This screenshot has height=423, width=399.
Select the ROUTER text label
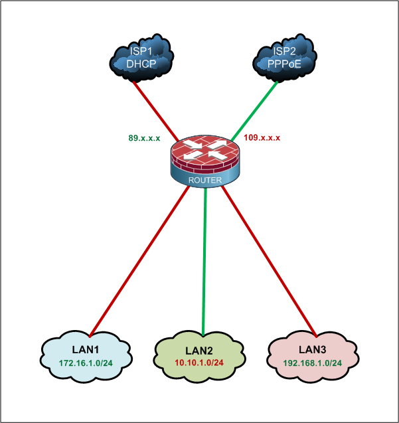(204, 180)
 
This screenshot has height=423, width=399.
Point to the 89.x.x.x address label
(144, 138)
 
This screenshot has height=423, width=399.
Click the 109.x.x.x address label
(262, 138)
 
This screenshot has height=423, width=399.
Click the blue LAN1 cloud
(84, 357)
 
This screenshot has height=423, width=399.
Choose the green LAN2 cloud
(199, 357)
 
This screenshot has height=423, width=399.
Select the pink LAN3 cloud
(312, 357)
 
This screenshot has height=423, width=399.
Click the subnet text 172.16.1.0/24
(86, 364)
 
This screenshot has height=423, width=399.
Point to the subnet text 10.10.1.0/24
(199, 363)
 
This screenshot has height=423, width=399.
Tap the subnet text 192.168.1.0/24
(312, 363)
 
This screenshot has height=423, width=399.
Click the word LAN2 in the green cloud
(199, 350)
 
